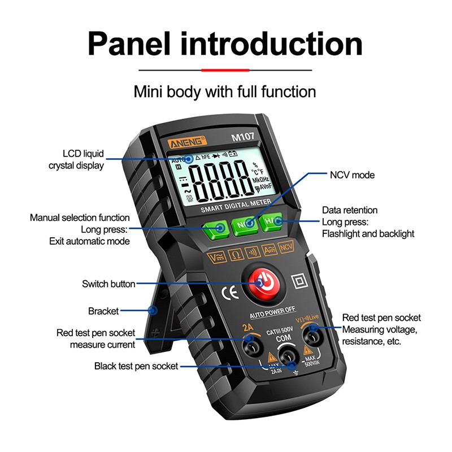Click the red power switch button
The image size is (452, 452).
point(262,281)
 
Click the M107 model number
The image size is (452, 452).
point(242,137)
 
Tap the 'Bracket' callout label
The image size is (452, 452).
point(103,311)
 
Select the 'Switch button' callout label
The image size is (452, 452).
point(108,284)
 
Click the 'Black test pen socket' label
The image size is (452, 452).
point(136,366)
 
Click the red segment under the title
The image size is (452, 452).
point(225,70)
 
